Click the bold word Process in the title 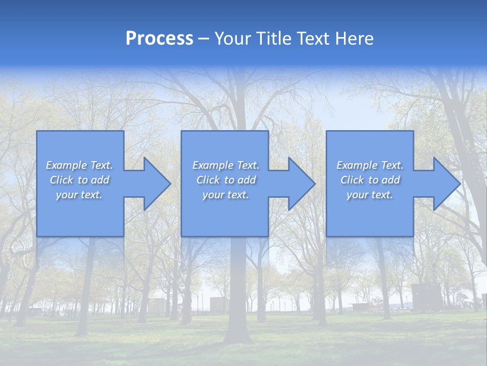click(x=159, y=39)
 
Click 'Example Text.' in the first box click(x=80, y=165)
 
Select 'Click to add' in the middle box click(x=226, y=180)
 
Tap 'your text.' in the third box click(x=370, y=195)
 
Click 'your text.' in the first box click(x=80, y=195)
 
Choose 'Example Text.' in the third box click(x=370, y=165)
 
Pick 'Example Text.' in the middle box click(x=226, y=165)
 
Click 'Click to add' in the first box click(x=80, y=180)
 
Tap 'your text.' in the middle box click(x=226, y=195)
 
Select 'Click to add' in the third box click(x=370, y=180)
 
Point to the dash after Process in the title click(x=203, y=39)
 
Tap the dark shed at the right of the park click(x=426, y=297)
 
